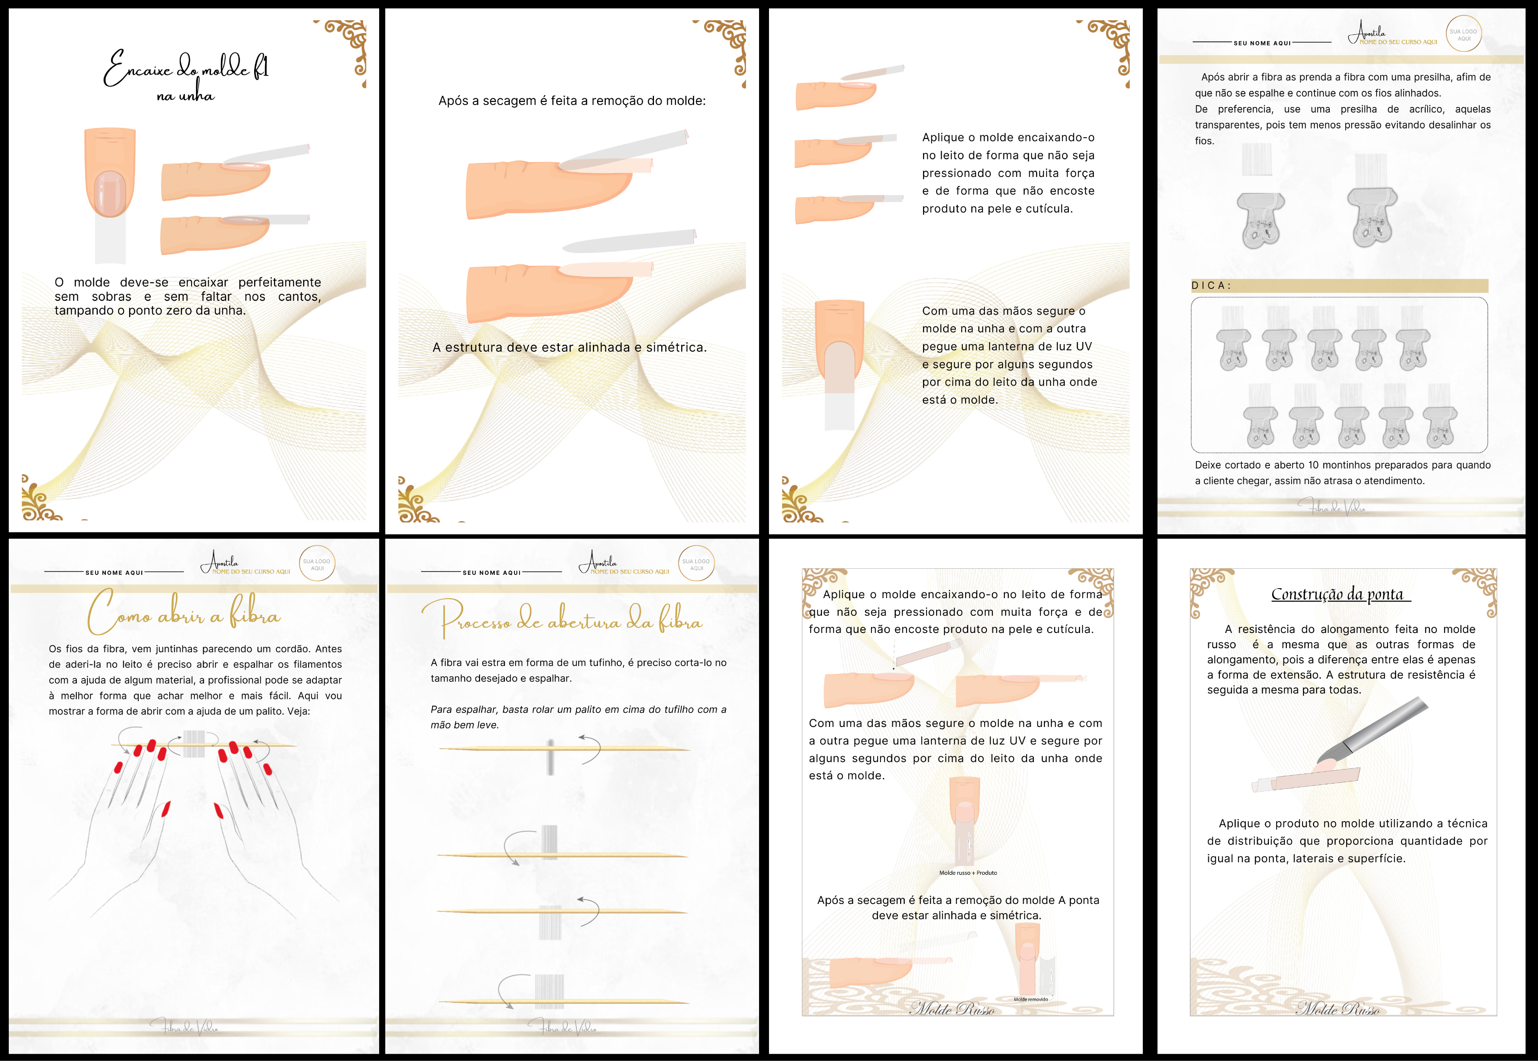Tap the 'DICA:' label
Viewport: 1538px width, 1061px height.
pos(1211,285)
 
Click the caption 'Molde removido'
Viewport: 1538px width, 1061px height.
pos(1031,999)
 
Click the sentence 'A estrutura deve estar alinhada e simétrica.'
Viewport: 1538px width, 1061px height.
pos(569,347)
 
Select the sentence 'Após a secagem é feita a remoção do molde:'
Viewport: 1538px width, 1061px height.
pos(572,101)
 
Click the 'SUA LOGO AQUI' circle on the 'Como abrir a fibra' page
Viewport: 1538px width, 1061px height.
pos(317,564)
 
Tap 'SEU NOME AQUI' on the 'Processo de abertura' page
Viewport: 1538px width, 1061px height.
pos(492,573)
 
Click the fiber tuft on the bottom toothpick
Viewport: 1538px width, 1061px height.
pos(549,992)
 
